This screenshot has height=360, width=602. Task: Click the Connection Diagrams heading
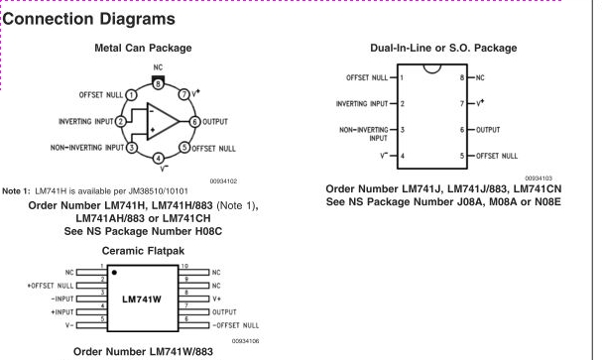pyautogui.click(x=88, y=19)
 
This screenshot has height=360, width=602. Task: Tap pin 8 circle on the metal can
pyautogui.click(x=158, y=83)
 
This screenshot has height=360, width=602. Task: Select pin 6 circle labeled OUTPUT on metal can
pyautogui.click(x=194, y=122)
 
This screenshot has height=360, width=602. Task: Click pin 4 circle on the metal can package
pyautogui.click(x=158, y=158)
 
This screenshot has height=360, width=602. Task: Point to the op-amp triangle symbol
pyautogui.click(x=163, y=121)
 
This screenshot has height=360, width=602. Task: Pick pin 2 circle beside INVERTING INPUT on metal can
pyautogui.click(x=121, y=122)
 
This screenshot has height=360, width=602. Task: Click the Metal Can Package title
pyautogui.click(x=143, y=48)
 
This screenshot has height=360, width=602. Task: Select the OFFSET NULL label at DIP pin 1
pyautogui.click(x=367, y=78)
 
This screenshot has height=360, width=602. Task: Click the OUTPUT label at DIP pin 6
pyautogui.click(x=488, y=130)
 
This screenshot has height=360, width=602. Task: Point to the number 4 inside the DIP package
pyautogui.click(x=403, y=156)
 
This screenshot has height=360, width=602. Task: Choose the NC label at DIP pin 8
pyautogui.click(x=480, y=78)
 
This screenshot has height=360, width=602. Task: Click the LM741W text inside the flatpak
pyautogui.click(x=142, y=300)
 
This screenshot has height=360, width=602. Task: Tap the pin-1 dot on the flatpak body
pyautogui.click(x=114, y=273)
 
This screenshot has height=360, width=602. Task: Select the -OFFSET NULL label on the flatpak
pyautogui.click(x=236, y=325)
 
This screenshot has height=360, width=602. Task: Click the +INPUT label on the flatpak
pyautogui.click(x=61, y=312)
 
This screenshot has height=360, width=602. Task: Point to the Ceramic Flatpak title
pyautogui.click(x=143, y=251)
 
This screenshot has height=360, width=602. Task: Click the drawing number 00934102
pyautogui.click(x=223, y=181)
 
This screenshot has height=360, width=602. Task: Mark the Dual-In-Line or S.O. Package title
pyautogui.click(x=443, y=48)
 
